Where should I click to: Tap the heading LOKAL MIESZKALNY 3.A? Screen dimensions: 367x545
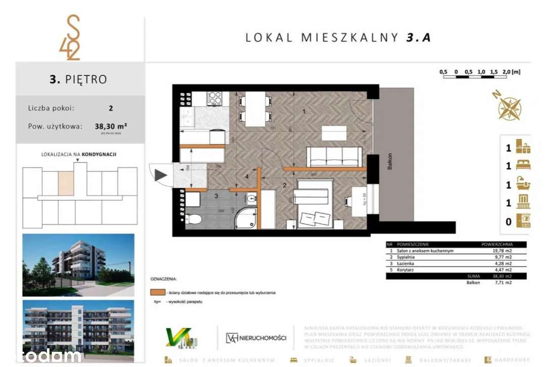(x=338, y=37)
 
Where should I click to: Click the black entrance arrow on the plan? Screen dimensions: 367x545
(x=161, y=175)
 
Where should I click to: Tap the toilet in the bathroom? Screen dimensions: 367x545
(x=194, y=219)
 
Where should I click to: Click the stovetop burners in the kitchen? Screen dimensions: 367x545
(x=214, y=98)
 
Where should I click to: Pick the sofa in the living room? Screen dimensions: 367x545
(x=335, y=157)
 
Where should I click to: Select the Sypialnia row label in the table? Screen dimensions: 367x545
(x=407, y=257)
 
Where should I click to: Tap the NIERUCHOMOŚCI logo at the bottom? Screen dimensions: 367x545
(x=256, y=338)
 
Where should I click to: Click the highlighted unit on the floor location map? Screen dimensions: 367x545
(x=66, y=183)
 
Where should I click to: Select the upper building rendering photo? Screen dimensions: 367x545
(x=78, y=264)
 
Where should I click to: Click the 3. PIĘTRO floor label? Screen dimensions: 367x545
(x=78, y=79)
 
